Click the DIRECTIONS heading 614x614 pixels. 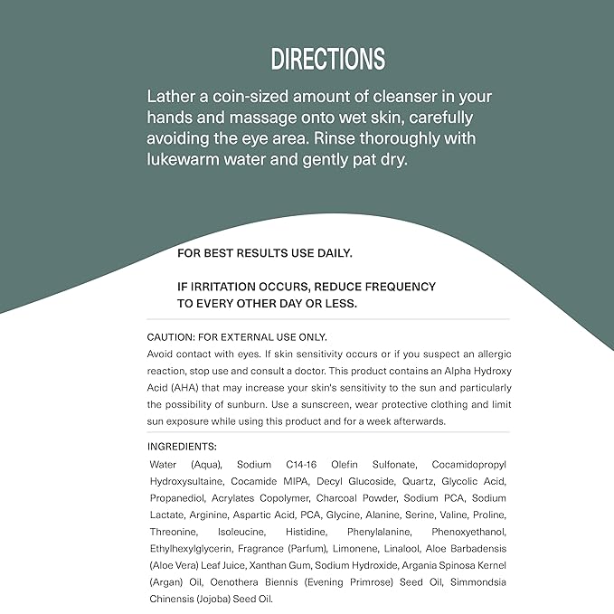coord(328,60)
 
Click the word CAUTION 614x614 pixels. coord(172,336)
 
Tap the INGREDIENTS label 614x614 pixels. coord(182,447)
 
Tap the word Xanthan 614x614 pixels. coord(257,565)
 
